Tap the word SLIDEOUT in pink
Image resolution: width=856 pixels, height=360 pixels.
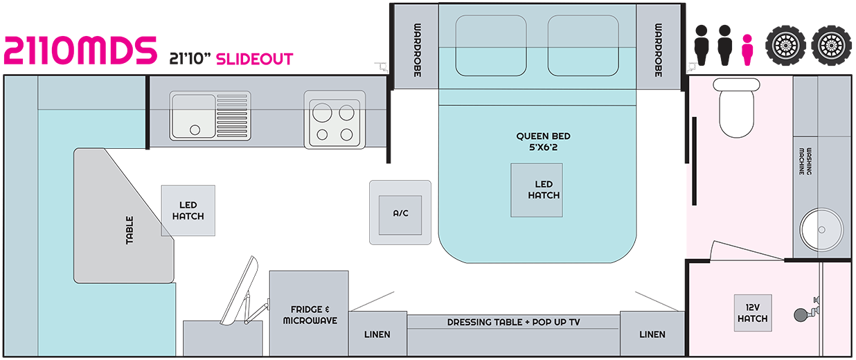(254, 59)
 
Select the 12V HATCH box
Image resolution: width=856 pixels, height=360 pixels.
(752, 313)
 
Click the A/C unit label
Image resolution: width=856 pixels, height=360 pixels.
(400, 213)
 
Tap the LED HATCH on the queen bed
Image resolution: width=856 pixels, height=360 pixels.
(544, 190)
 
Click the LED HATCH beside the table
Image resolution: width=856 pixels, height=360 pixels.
(188, 210)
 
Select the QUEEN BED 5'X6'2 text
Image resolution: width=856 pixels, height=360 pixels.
(543, 141)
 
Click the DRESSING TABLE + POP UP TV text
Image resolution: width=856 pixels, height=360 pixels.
(514, 322)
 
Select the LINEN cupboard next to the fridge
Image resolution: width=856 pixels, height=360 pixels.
(377, 334)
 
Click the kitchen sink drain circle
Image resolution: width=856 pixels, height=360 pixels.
(195, 129)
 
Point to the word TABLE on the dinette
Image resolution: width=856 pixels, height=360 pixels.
(130, 230)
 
